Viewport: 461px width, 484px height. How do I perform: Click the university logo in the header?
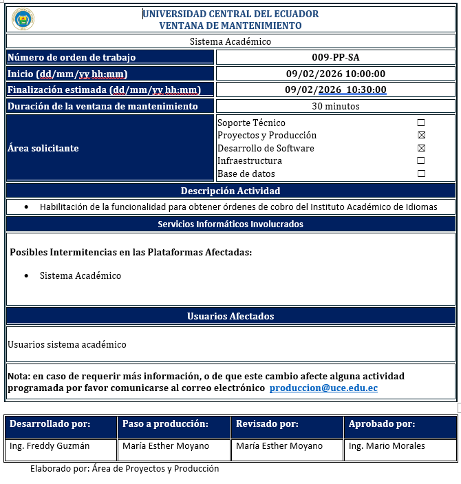pos(23,19)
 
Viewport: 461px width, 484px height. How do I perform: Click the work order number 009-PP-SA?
pos(335,57)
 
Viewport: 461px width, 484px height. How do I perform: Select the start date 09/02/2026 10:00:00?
pos(335,74)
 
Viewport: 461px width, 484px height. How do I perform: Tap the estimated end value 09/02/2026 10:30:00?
pos(335,90)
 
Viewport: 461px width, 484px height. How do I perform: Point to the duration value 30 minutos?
pos(335,106)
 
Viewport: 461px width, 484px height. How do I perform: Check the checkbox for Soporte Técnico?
pos(421,123)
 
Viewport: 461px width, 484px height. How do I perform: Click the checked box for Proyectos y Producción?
pos(421,136)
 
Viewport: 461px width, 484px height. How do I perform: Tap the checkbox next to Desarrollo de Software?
pos(421,148)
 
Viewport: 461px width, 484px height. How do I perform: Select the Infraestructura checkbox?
pos(421,161)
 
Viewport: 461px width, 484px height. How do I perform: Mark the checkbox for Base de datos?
pos(421,173)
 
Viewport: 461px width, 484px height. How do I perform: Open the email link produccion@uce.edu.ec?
pos(323,388)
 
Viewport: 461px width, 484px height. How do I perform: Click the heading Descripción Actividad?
pos(231,191)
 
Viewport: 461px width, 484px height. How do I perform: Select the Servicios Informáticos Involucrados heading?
pos(231,224)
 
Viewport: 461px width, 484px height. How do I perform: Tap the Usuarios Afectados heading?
pos(231,316)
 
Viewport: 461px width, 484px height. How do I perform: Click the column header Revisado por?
pos(267,424)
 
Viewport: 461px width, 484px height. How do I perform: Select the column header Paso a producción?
pos(165,424)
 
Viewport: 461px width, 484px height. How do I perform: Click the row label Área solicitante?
pos(43,148)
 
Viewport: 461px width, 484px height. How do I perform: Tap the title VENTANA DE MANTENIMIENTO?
pos(231,25)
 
